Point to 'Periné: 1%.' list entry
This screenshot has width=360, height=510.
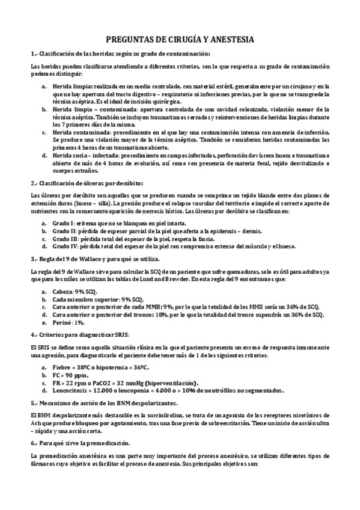[71, 322]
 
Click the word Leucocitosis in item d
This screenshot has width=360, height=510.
[72, 390]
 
